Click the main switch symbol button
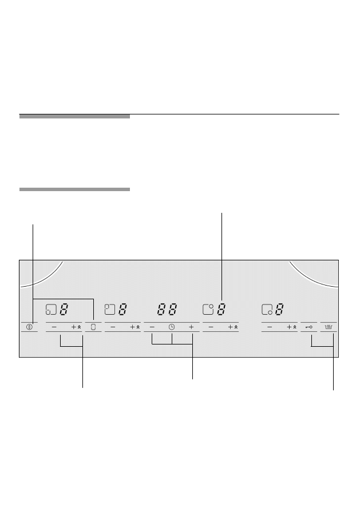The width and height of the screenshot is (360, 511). (x=29, y=327)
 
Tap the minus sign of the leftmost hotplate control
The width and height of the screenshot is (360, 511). (x=54, y=327)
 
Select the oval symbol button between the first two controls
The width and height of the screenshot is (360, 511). (x=94, y=327)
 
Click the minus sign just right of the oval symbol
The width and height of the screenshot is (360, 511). (x=113, y=327)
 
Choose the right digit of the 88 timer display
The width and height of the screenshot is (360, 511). (x=173, y=310)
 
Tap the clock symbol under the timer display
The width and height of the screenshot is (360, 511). (x=171, y=327)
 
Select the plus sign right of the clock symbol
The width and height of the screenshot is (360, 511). (x=191, y=327)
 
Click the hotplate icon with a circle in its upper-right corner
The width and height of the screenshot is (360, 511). (x=208, y=310)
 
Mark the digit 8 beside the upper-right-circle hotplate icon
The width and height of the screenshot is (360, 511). (x=221, y=310)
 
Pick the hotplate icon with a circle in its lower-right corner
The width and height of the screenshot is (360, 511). (x=267, y=310)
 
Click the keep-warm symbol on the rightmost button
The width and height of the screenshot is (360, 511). (x=329, y=327)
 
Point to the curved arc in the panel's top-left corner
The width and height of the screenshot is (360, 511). (x=46, y=277)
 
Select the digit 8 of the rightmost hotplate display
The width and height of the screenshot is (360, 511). (x=279, y=310)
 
